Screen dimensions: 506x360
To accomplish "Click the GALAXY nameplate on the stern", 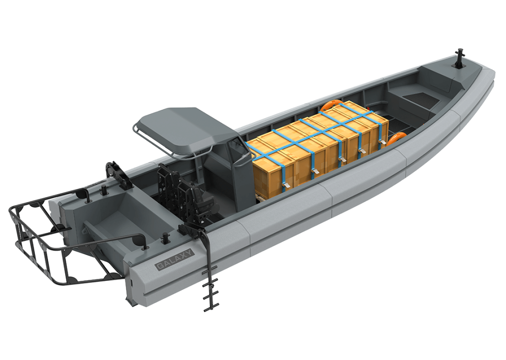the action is tap(174, 259).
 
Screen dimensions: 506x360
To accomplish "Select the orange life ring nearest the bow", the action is tap(395, 139).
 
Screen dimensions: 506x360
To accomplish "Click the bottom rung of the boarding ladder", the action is tap(210, 306).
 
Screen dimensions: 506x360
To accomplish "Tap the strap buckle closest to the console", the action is tap(286, 185).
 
